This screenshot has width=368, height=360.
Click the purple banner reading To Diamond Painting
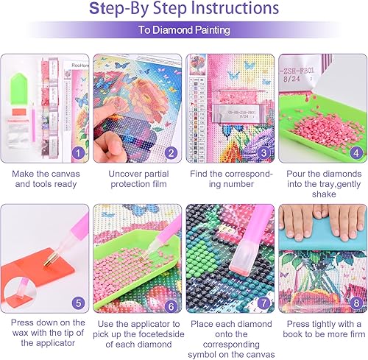[184, 31]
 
